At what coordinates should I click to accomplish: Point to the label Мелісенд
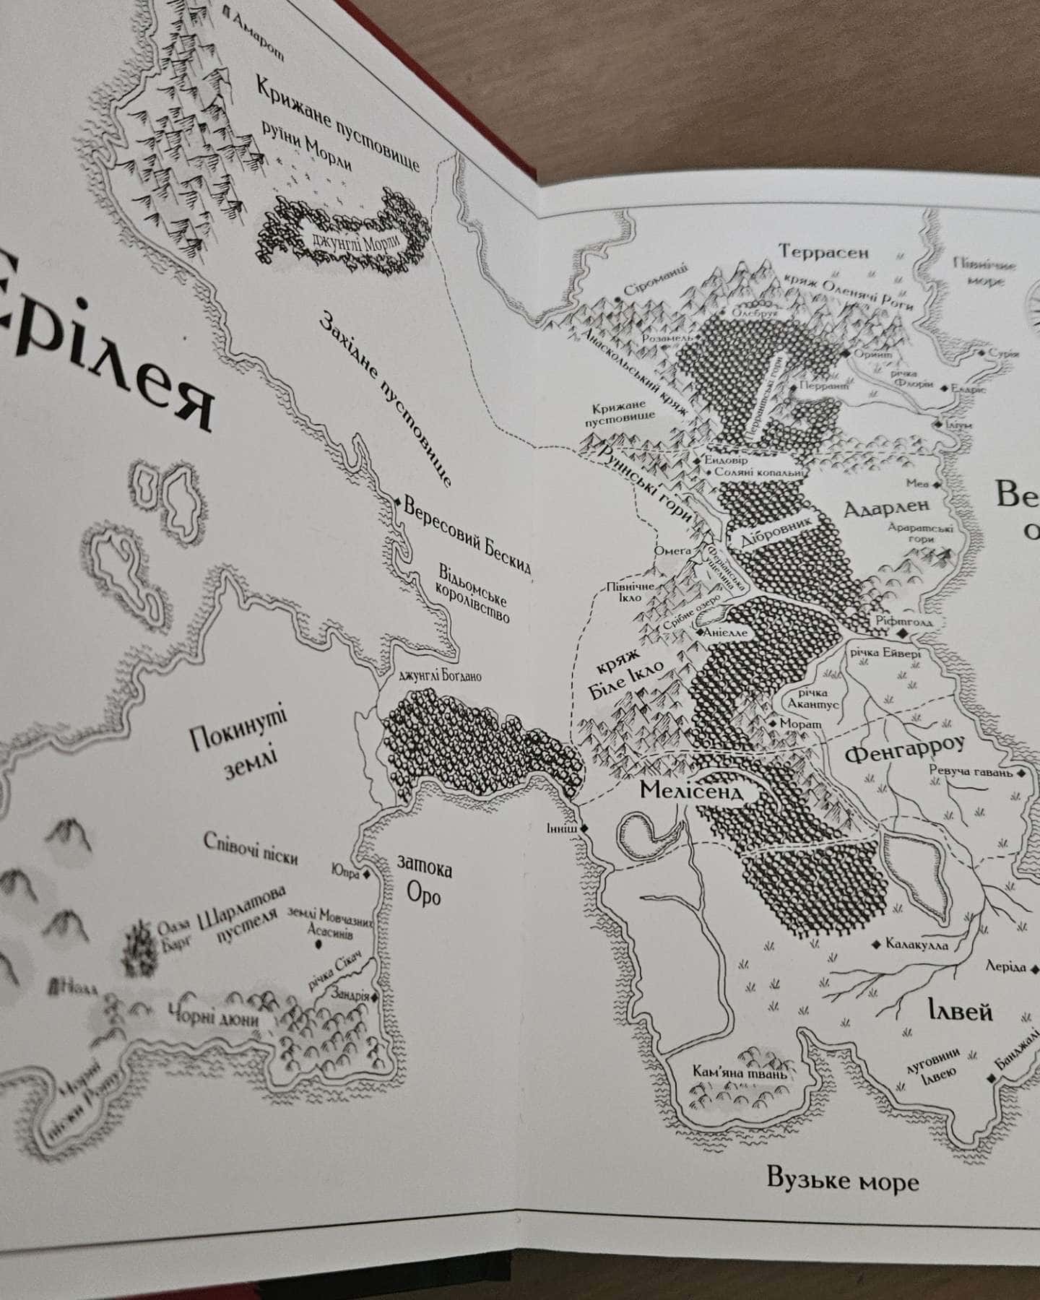(x=690, y=790)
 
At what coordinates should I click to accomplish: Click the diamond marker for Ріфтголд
(x=903, y=633)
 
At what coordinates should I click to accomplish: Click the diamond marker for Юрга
(x=366, y=875)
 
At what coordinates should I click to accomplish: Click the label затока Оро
(x=425, y=882)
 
